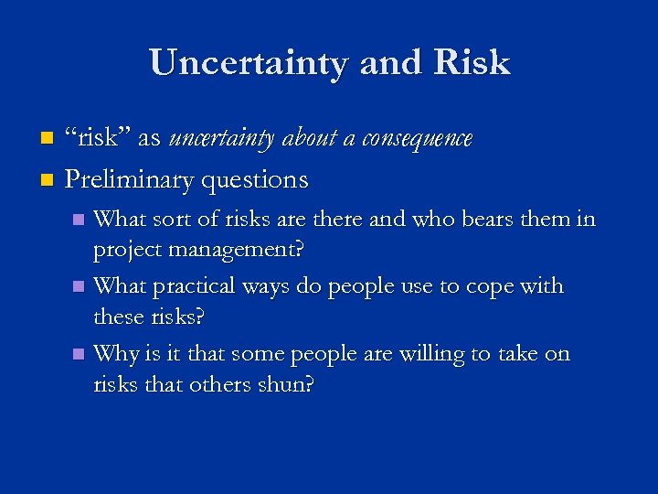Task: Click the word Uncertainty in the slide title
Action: [x=249, y=62]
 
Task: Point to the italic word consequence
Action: [x=417, y=139]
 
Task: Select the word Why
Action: [x=116, y=353]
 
